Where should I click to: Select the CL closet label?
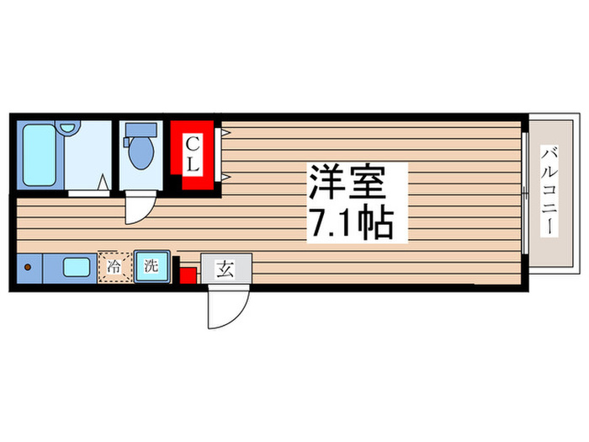192,153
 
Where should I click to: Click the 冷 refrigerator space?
113,269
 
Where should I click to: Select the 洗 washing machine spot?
151,269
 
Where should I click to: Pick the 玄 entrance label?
226,270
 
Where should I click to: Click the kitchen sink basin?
77,269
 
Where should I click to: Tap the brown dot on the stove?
27,269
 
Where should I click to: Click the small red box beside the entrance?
188,274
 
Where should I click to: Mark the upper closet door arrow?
226,132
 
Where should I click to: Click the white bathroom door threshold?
88,193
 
